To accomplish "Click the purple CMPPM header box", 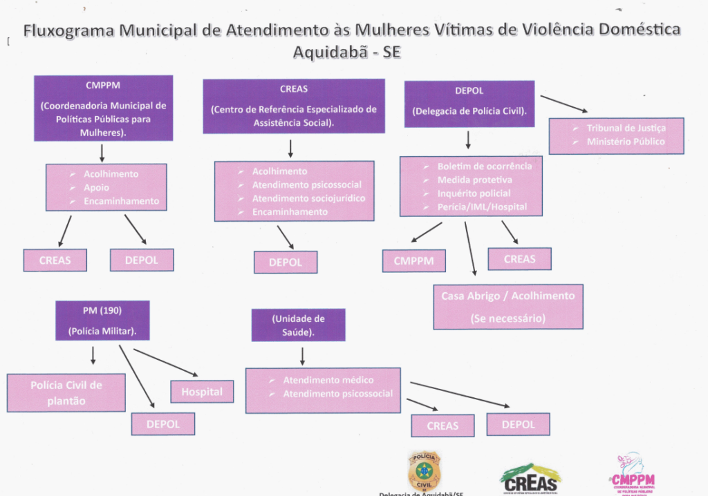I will [103, 108].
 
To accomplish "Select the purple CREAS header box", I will [293, 106].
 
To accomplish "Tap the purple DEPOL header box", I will [469, 104].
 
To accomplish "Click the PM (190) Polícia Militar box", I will [102, 320].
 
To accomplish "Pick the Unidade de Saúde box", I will [298, 324].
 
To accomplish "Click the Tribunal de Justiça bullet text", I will [626, 128].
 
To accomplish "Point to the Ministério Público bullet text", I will [626, 142].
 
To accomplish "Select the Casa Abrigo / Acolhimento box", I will [507, 306].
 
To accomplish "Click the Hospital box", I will [202, 392].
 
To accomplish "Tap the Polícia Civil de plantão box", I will [66, 392].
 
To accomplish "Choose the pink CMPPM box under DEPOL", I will [413, 261].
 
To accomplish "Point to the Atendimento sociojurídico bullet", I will [308, 198].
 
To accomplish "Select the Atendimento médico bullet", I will [328, 380].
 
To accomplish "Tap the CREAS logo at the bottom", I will [530, 477].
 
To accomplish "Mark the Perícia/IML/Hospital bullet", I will [482, 207].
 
